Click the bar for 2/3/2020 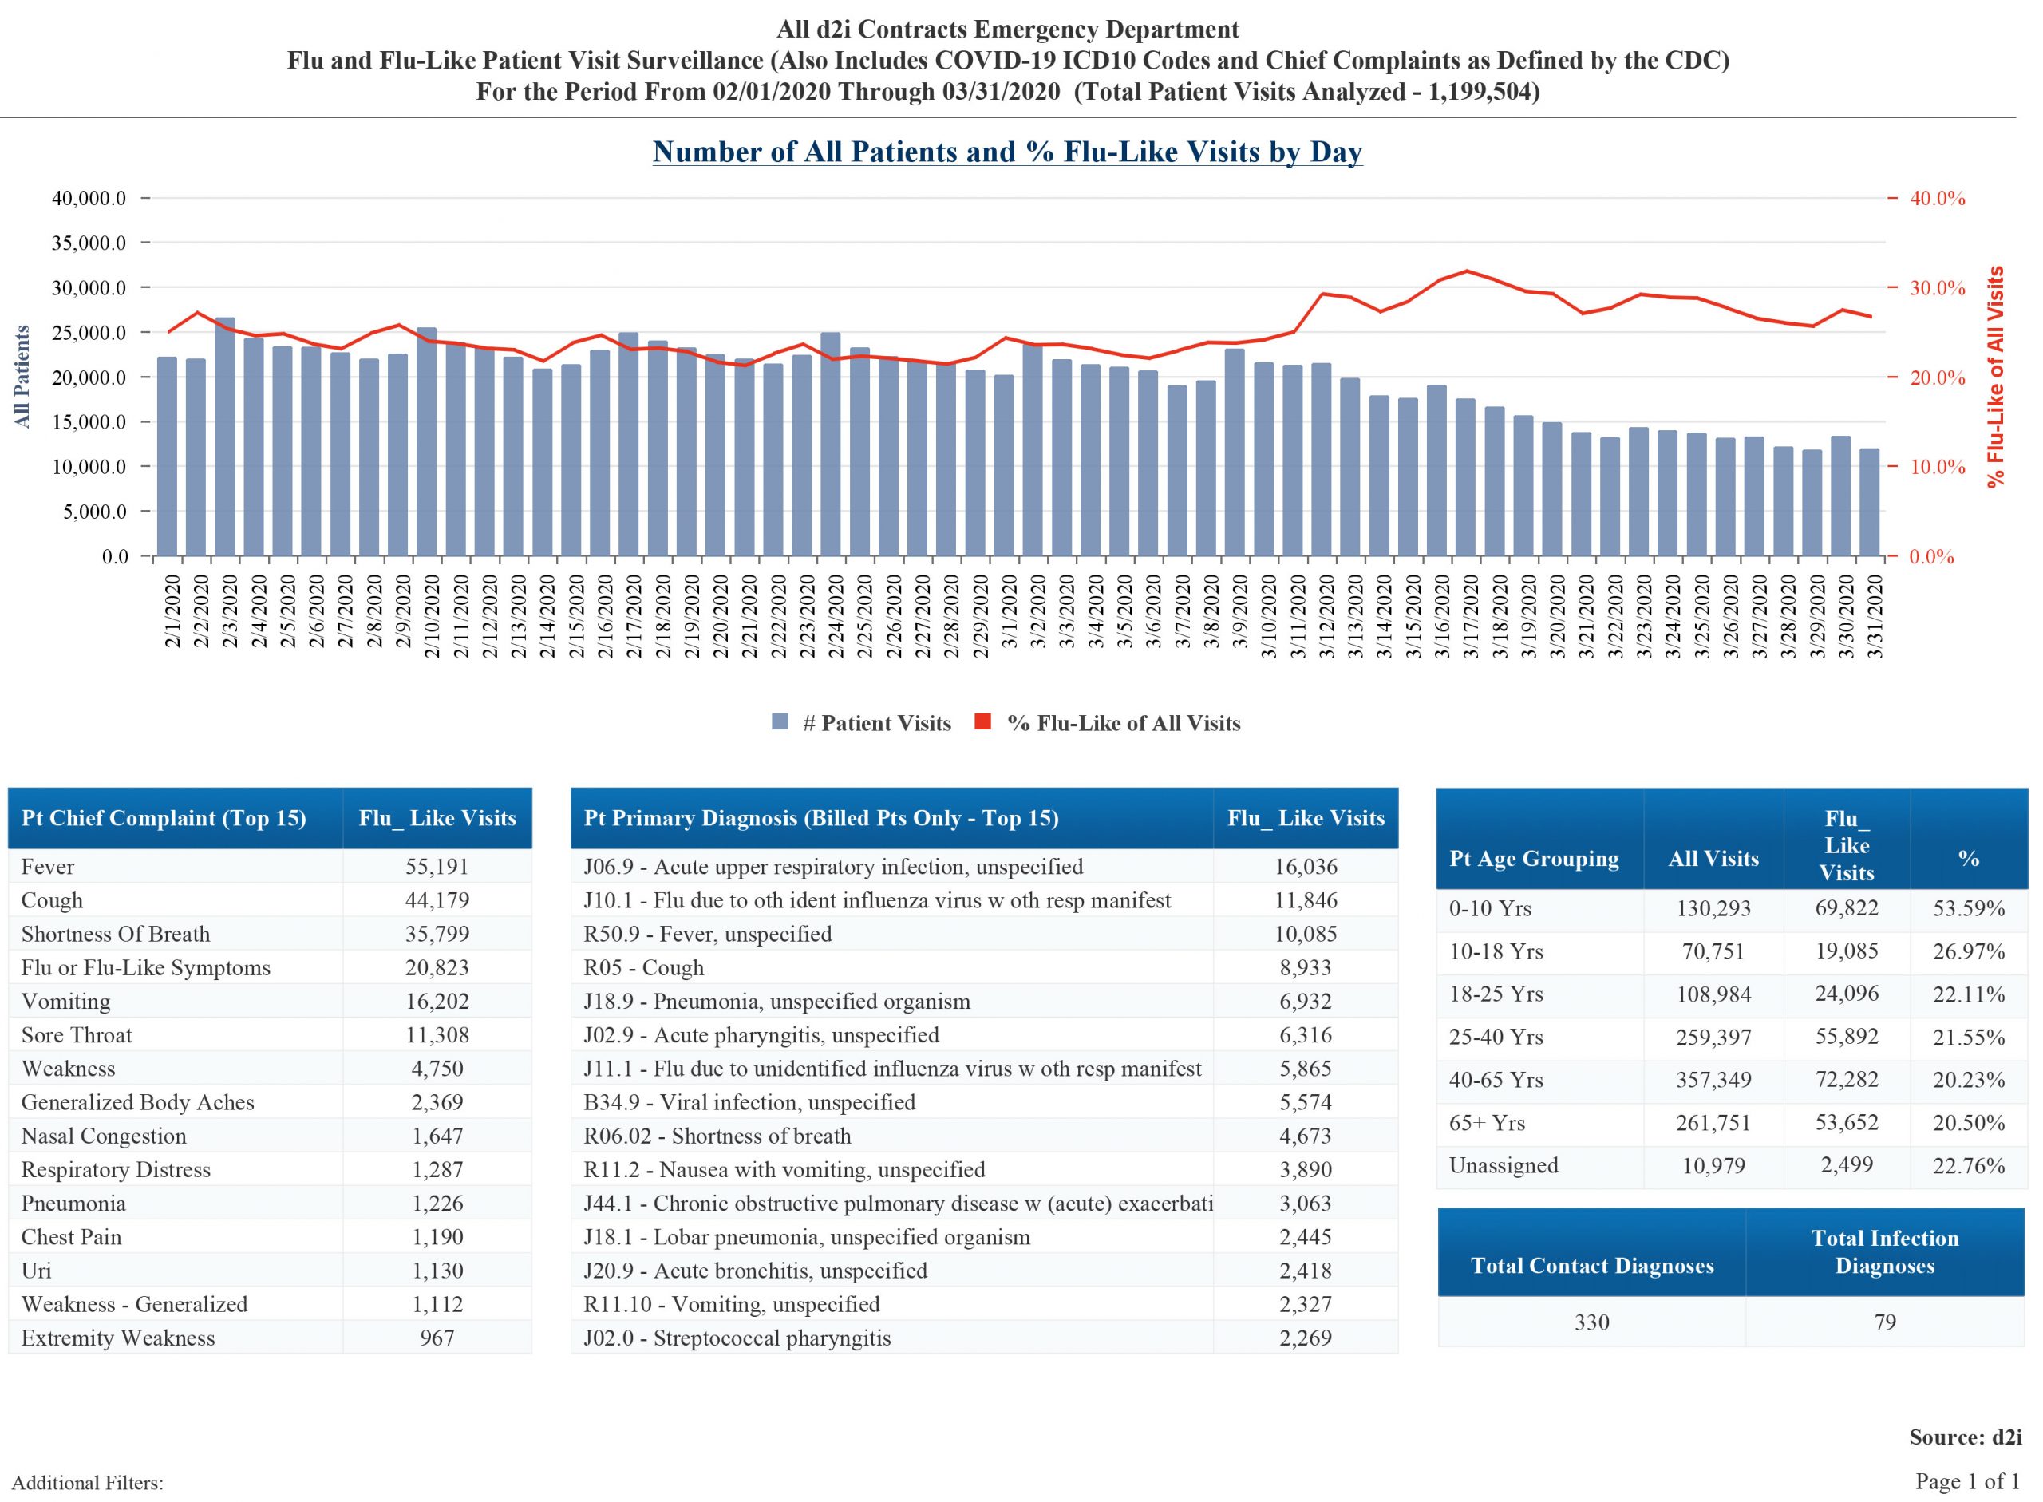(224, 437)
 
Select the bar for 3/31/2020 (1869, 502)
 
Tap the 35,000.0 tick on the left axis (89, 243)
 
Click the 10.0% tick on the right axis (1937, 468)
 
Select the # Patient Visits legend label (876, 723)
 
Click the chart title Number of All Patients (1007, 152)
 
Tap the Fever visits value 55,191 (437, 867)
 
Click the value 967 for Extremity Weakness (437, 1338)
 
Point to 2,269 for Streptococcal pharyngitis (1305, 1338)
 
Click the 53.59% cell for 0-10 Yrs (1967, 908)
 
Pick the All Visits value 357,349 (1712, 1080)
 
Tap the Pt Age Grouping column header (1534, 858)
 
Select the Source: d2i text (1965, 1437)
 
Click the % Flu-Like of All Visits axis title (1996, 377)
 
